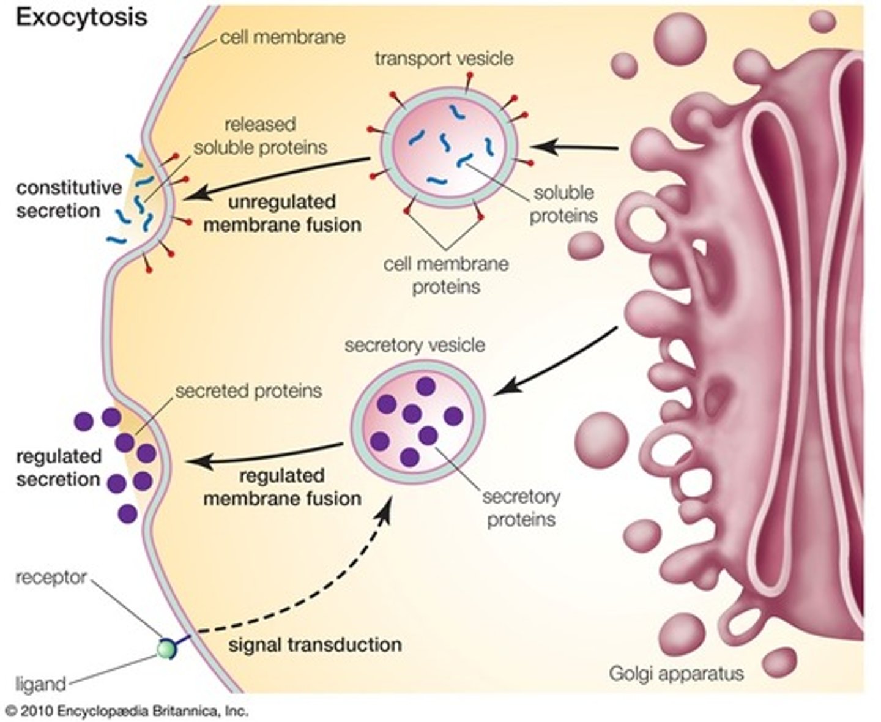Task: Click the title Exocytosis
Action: [x=81, y=18]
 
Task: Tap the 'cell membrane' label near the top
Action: [x=283, y=37]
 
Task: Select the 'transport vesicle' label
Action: [x=444, y=59]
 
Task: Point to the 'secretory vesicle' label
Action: [x=415, y=346]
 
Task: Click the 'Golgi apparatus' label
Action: [x=676, y=673]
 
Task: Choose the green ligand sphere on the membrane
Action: [x=166, y=649]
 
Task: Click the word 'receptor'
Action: [x=51, y=577]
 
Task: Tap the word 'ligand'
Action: [x=41, y=684]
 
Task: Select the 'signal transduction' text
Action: [x=315, y=644]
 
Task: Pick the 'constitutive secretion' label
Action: [x=69, y=199]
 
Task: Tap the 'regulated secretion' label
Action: [x=59, y=467]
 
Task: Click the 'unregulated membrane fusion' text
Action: [x=283, y=214]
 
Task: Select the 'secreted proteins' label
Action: [x=248, y=391]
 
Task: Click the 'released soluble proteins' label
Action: [x=260, y=136]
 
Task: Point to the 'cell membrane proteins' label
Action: [x=446, y=275]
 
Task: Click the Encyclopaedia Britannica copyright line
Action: [x=128, y=710]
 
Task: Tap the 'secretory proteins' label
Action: [x=521, y=508]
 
